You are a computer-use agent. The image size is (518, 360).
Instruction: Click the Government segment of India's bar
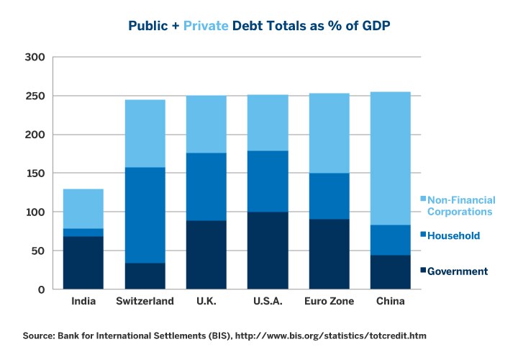pyautogui.click(x=83, y=263)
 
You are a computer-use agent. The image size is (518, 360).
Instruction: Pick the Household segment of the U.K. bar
pyautogui.click(x=206, y=187)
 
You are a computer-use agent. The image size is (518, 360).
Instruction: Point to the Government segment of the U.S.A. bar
pyautogui.click(x=267, y=251)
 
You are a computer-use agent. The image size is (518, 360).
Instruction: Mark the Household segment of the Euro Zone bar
pyautogui.click(x=329, y=196)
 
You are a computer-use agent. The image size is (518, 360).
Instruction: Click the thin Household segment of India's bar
pyautogui.click(x=83, y=233)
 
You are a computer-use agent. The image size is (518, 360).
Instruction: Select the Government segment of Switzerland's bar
pyautogui.click(x=145, y=276)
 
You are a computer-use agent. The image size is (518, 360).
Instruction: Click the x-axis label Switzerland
pyautogui.click(x=145, y=301)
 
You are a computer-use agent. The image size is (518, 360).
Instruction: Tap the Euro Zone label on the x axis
pyautogui.click(x=329, y=301)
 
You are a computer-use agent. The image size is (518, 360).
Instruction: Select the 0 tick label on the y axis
pyautogui.click(x=41, y=290)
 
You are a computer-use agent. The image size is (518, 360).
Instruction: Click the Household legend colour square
pyautogui.click(x=423, y=235)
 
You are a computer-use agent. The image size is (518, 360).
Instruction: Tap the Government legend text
pyautogui.click(x=458, y=271)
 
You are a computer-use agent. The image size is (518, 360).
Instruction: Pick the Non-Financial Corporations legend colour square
pyautogui.click(x=423, y=199)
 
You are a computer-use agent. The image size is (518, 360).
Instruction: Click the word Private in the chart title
pyautogui.click(x=206, y=25)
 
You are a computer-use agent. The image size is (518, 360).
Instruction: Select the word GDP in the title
pyautogui.click(x=375, y=25)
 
